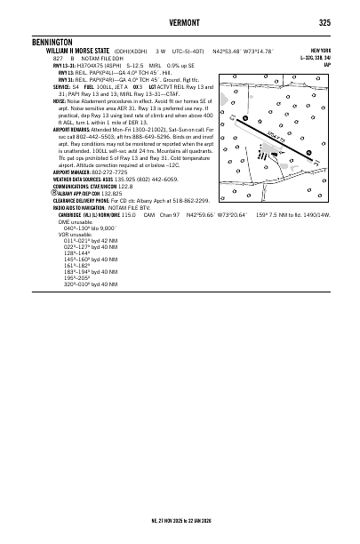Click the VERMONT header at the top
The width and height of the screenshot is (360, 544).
180,22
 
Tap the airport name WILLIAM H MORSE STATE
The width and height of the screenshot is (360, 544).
61,50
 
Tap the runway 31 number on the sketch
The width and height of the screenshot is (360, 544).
315,164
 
